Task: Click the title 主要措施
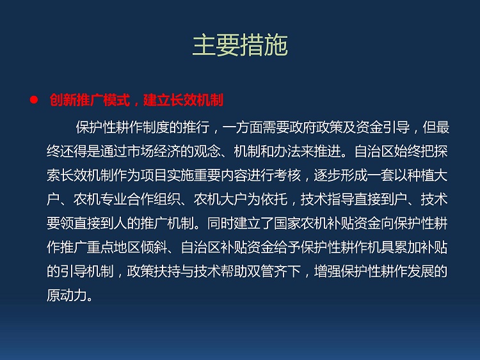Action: coord(240,45)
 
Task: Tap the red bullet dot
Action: coord(34,100)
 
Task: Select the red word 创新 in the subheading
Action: coord(63,100)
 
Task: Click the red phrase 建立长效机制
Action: coord(184,100)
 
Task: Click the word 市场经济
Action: coord(154,151)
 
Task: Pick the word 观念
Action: coord(207,151)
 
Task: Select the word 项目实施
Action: coord(168,175)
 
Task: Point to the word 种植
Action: coord(421,175)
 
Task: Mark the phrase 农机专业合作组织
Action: coord(127,200)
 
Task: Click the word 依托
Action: coord(275,200)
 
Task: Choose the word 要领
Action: coord(60,223)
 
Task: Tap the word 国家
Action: coord(288,223)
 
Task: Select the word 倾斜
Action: coord(154,247)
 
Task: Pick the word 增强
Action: coord(328,271)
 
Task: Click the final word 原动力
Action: coord(67,295)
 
